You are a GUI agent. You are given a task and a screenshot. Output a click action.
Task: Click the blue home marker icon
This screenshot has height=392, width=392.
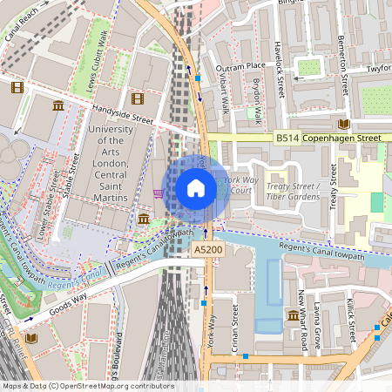[x=196, y=188]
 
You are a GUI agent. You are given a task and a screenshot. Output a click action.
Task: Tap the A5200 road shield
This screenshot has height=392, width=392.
[x=206, y=250]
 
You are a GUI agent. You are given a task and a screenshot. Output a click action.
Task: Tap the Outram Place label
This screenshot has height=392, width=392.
[x=242, y=65]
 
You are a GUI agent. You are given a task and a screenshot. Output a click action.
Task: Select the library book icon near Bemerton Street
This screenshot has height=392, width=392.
[x=344, y=124]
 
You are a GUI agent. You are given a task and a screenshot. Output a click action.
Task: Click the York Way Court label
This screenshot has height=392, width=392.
[x=238, y=185]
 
